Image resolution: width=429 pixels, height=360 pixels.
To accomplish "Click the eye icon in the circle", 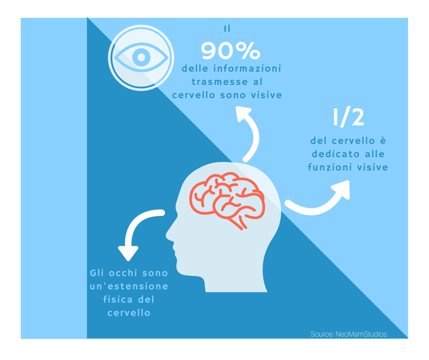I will (x=141, y=58).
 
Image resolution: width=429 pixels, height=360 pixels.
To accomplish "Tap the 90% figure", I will (x=230, y=51).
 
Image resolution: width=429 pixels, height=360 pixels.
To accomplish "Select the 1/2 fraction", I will (x=348, y=118).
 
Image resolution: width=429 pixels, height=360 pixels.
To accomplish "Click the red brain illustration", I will (x=227, y=200).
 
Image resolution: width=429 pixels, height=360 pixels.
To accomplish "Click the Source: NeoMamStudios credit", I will (x=349, y=334).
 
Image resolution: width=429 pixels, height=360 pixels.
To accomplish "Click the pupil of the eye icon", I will (x=141, y=58).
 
